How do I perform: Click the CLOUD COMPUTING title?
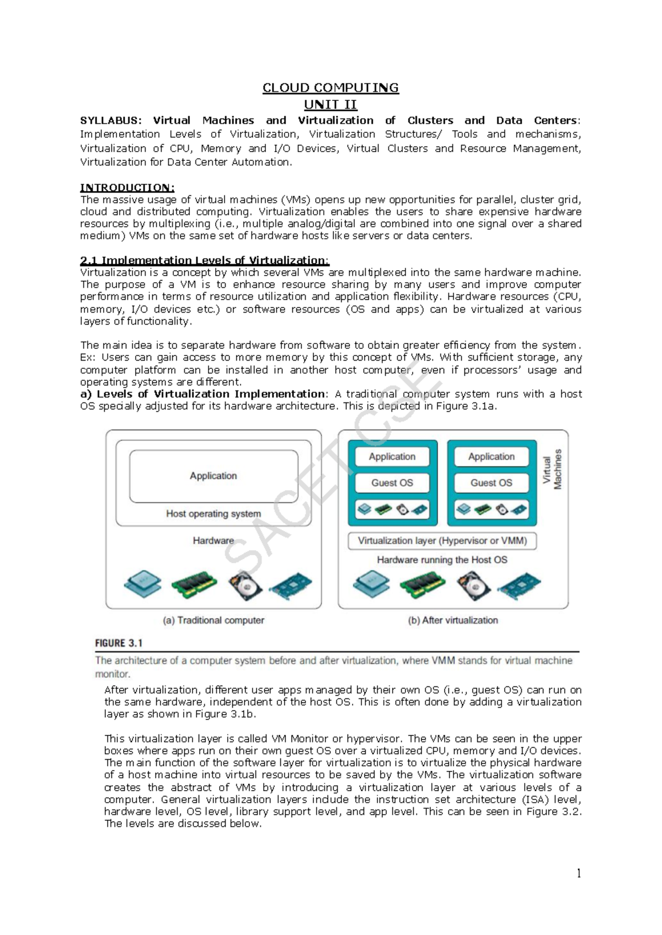(330, 88)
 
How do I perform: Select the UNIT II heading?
(330, 104)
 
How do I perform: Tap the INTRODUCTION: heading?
(127, 187)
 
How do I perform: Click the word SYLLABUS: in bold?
(110, 120)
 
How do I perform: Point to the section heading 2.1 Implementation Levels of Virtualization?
(204, 260)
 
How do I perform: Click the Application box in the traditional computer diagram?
(213, 476)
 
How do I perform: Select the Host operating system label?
(213, 514)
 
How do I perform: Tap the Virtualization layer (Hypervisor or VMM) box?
(442, 541)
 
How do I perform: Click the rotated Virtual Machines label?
(552, 469)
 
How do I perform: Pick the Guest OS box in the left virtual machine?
(392, 483)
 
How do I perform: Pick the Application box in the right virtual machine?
(491, 456)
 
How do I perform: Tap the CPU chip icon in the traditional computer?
(143, 584)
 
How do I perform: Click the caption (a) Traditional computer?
(213, 620)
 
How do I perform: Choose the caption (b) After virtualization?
(453, 620)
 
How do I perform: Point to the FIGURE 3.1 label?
(119, 643)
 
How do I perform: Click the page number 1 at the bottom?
(578, 873)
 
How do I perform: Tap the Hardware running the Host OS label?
(442, 560)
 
